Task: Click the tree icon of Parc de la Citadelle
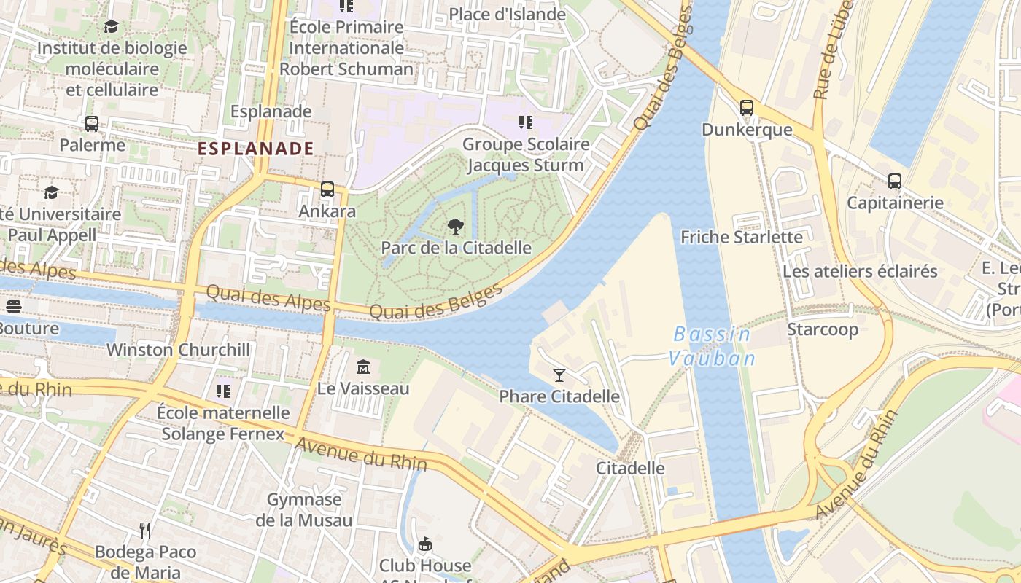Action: [456, 226]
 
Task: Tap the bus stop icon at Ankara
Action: [327, 189]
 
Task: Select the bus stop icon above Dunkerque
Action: [746, 108]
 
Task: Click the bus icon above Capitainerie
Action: [894, 181]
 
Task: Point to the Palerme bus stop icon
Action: [92, 124]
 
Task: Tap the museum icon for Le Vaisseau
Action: [362, 367]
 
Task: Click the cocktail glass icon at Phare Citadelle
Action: [559, 375]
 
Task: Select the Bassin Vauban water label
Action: [712, 346]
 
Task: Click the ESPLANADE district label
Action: [256, 149]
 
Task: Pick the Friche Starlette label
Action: [741, 237]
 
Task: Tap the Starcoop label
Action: [822, 329]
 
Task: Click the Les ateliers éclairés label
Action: [860, 272]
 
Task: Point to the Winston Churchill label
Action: [178, 350]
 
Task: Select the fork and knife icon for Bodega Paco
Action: [145, 530]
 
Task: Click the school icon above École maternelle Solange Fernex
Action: [223, 391]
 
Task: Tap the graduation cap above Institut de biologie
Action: [111, 27]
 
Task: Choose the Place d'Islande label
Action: [507, 15]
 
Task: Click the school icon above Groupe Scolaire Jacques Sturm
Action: [525, 122]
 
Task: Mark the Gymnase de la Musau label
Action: [304, 509]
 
